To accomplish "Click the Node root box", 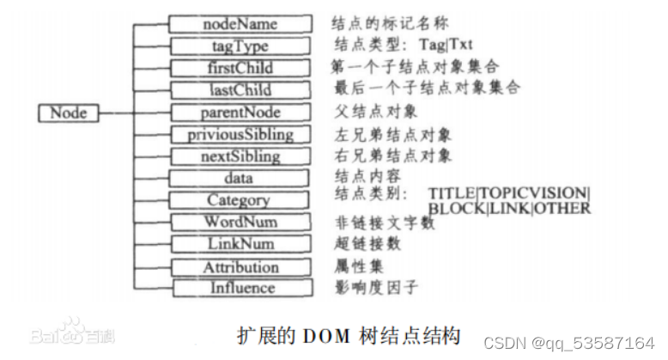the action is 69,113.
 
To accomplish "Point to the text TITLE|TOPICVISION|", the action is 509,193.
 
